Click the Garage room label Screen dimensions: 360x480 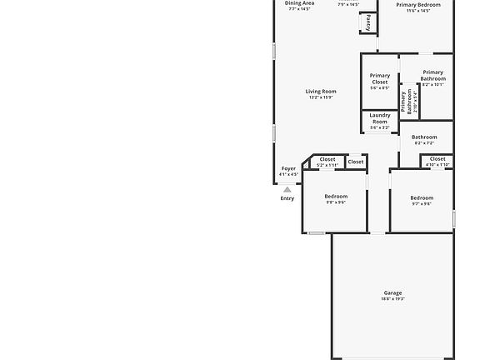(392, 292)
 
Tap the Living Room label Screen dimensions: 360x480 (321, 92)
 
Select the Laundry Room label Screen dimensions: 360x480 (380, 118)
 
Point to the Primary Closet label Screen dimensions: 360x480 (380, 78)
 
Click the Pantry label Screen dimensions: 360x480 (368, 22)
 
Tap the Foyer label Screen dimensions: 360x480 (288, 169)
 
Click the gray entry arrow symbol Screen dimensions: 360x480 (287, 190)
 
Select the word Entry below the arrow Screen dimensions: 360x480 (287, 198)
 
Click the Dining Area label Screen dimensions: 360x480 (299, 3)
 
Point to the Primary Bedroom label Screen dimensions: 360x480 (418, 5)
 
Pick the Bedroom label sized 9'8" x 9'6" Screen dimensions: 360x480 (336, 197)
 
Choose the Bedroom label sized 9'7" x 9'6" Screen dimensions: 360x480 (422, 198)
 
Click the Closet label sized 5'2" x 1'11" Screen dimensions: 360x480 (327, 159)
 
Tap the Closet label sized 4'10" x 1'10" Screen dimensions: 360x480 (437, 159)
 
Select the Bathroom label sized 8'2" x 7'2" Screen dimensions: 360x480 (424, 137)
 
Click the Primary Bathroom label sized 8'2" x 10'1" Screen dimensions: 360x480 (433, 75)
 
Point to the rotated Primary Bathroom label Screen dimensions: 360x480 (405, 101)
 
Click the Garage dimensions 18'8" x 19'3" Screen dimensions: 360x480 (392, 299)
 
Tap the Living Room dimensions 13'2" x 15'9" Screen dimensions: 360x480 (321, 97)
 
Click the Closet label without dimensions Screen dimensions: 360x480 (356, 162)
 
